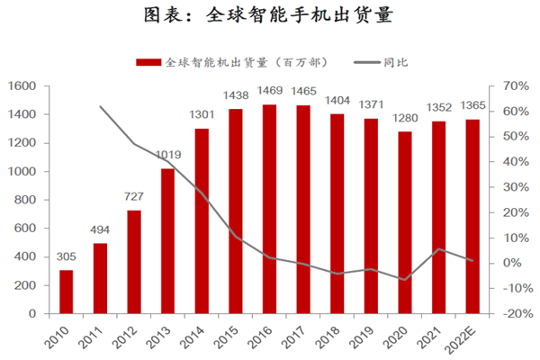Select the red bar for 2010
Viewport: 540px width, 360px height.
67,293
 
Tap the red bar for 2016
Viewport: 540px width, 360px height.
269,211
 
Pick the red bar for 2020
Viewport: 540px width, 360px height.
405,224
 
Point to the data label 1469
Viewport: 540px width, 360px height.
269,91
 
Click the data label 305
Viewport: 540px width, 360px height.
67,256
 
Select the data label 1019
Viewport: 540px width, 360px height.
168,155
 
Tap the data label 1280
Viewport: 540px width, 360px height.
405,118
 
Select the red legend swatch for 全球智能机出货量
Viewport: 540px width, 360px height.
149,62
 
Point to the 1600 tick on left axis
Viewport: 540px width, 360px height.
21,85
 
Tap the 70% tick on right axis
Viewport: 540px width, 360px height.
504,85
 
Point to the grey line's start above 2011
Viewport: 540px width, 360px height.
101,106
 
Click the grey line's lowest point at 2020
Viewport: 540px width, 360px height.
405,280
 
